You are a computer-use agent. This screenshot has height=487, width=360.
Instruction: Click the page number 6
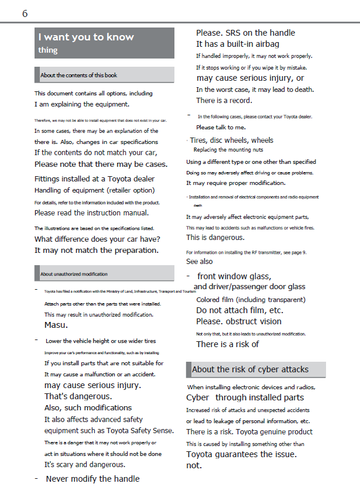pos(25,13)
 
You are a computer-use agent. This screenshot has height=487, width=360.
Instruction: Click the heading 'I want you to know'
pos(86,37)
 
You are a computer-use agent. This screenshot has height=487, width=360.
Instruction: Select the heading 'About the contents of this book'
pos(78,75)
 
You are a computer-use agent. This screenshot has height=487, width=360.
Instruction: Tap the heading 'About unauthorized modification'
pos(74,274)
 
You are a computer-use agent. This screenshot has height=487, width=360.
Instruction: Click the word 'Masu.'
pos(56,325)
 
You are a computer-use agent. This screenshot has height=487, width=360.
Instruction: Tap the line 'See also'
pos(200,262)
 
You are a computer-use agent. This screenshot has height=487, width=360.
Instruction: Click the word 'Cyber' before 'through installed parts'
pos(198,397)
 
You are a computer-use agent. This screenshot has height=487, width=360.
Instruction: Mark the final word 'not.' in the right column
pos(194,465)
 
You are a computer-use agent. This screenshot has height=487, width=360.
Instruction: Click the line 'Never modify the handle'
pos(92,479)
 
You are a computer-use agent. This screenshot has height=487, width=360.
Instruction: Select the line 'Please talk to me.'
pos(221,127)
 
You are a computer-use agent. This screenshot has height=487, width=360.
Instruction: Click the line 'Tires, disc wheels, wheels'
pos(231,140)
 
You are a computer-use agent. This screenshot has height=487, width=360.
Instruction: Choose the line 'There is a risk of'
pos(228,344)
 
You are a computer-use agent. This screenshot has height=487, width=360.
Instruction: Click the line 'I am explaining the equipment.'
pos(81,104)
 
